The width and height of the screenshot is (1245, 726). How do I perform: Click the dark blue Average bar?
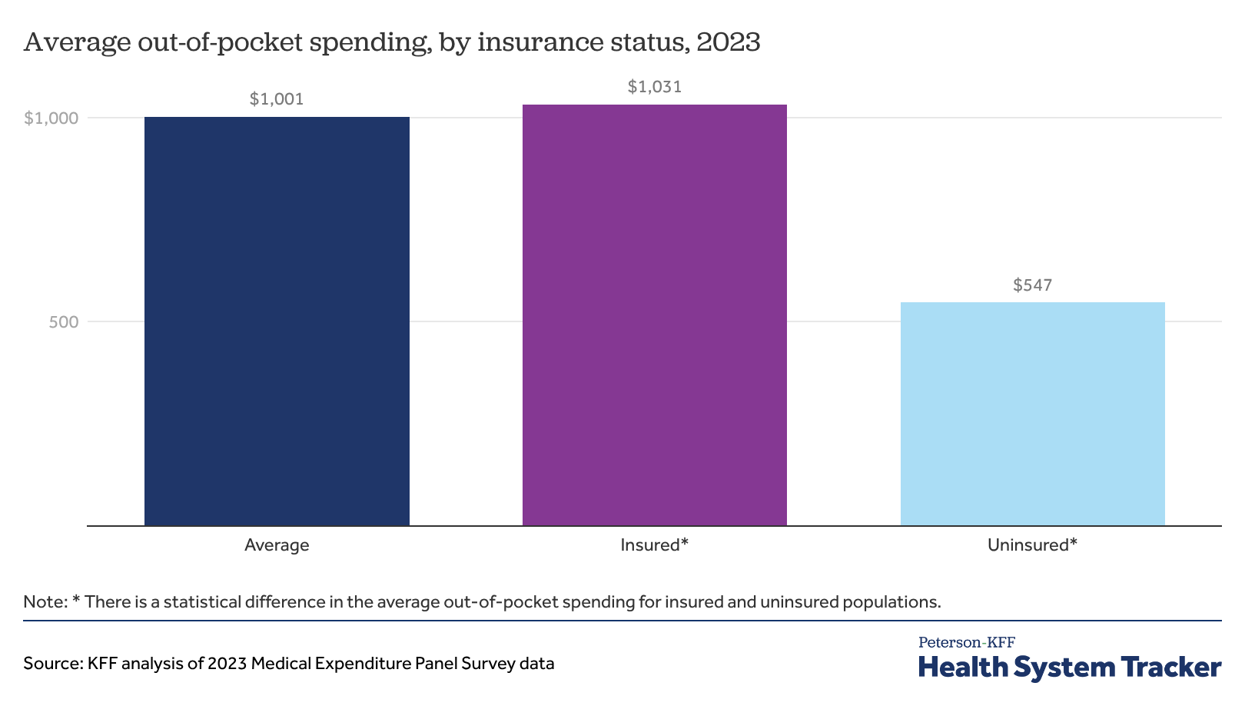coord(277,321)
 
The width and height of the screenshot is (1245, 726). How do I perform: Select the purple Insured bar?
coord(655,315)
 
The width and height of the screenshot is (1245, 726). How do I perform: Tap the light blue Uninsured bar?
coord(1032,414)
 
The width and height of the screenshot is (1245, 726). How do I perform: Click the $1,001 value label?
coord(277,99)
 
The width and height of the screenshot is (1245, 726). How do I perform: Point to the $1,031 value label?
coord(655,87)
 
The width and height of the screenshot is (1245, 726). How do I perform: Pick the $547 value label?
coord(1032,286)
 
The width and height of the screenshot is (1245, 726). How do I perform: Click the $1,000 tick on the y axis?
coord(51,118)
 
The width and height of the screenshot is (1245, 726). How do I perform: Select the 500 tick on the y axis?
coord(64,322)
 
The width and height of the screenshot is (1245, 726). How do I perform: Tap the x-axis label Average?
coord(277,545)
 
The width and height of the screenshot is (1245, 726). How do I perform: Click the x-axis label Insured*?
coord(655,545)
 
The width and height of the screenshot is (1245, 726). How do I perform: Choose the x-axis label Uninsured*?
coord(1032,545)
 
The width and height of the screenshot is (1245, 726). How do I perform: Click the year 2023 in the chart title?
coord(728,42)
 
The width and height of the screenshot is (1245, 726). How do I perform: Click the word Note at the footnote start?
coord(45,601)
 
